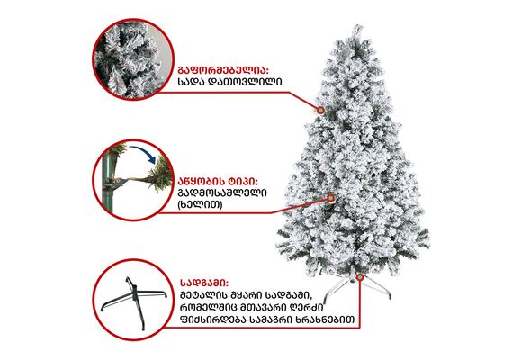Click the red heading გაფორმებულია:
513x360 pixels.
tap(223, 70)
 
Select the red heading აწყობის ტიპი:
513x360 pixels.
tap(218, 181)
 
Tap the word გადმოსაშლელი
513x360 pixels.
tap(222, 193)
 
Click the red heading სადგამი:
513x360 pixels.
tap(204, 282)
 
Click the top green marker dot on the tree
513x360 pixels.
tap(320, 111)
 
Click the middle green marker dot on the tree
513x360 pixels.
tap(331, 198)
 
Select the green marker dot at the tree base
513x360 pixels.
tap(360, 277)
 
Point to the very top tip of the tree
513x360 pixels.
tap(357, 25)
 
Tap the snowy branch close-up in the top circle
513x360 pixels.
tap(132, 59)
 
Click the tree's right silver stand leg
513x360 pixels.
tap(376, 288)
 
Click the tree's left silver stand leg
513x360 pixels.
tap(337, 291)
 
